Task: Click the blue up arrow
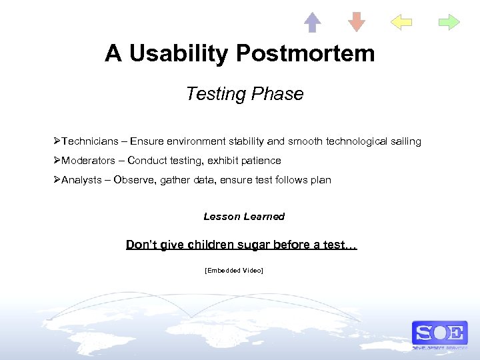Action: [312, 22]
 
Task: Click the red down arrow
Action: [357, 22]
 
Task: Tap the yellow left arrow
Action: [401, 22]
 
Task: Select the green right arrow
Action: [449, 22]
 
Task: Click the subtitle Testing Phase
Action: [245, 94]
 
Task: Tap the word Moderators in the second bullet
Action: [88, 161]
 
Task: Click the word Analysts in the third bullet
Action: [82, 180]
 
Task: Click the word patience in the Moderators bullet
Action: [261, 161]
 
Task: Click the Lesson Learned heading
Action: [244, 217]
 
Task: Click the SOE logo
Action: [439, 333]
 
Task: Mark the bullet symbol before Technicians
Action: [58, 141]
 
